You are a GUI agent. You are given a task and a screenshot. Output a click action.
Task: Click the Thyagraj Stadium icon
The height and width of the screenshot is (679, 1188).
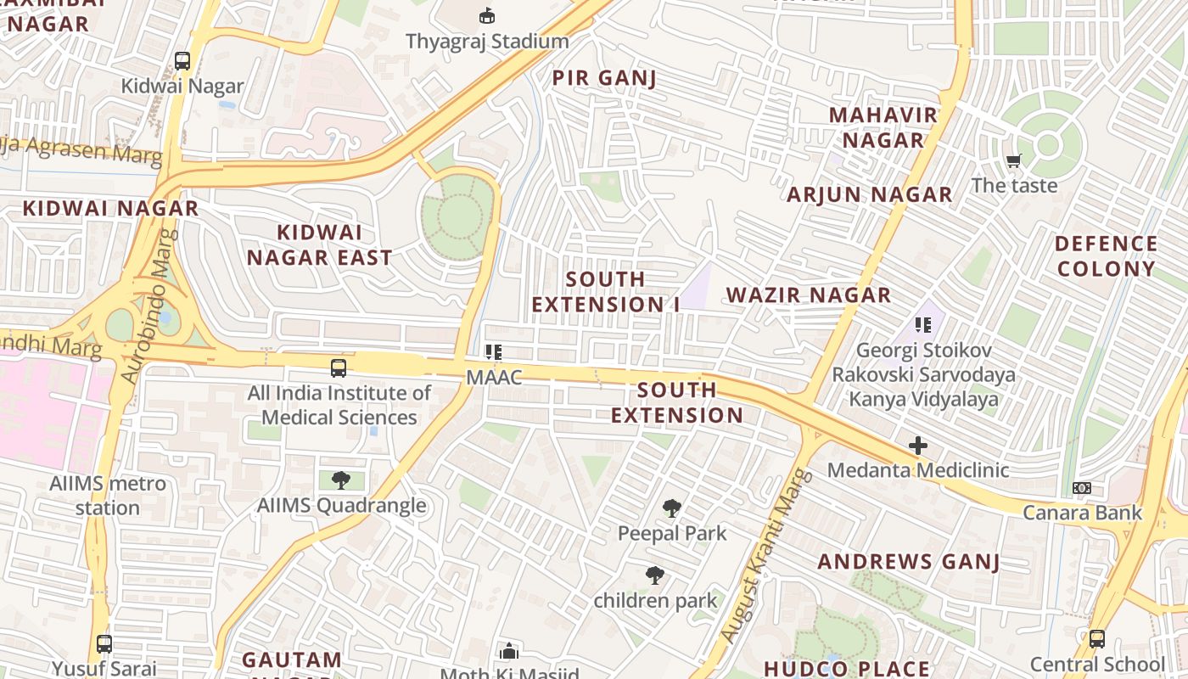[x=487, y=15]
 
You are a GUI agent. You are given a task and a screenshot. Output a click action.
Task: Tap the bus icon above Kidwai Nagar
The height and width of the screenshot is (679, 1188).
[x=182, y=60]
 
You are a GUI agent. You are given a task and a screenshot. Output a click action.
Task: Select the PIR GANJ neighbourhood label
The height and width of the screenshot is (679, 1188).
[x=604, y=78]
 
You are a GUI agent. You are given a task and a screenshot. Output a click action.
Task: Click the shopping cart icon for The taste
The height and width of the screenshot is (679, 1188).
[x=1013, y=160]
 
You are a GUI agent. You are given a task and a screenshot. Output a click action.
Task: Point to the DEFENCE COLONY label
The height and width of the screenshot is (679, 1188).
[x=1106, y=256]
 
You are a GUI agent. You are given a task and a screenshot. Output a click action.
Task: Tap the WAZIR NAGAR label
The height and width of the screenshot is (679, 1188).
[x=809, y=295]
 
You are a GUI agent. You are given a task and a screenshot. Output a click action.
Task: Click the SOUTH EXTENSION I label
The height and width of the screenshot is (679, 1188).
[x=606, y=291]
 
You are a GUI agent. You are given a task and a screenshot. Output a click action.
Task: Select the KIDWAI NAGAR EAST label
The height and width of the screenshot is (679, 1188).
[x=319, y=245]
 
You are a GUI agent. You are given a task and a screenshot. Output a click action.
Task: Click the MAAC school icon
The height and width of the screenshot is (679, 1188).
[x=494, y=351]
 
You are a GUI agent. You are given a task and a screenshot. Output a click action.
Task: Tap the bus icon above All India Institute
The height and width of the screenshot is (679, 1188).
[x=339, y=368]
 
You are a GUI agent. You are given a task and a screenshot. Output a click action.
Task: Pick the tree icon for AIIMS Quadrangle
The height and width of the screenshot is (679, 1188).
[x=341, y=480]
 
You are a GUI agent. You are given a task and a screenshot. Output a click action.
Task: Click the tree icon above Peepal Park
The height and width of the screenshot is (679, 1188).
[x=672, y=508]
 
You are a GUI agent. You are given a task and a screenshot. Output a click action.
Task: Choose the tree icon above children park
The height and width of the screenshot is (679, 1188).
[x=654, y=575]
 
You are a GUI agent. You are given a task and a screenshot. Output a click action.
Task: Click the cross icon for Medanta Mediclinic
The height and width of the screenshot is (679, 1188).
[x=917, y=446]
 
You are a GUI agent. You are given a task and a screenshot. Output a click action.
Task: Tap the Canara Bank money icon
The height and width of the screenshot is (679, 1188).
[x=1082, y=488]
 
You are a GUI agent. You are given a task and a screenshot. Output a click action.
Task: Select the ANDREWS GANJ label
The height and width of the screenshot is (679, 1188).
[x=908, y=562]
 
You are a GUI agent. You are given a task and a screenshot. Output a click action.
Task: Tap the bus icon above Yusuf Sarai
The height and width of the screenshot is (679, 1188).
[x=104, y=643]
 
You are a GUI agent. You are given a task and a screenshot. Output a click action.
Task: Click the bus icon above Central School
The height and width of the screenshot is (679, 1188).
[x=1096, y=638]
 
